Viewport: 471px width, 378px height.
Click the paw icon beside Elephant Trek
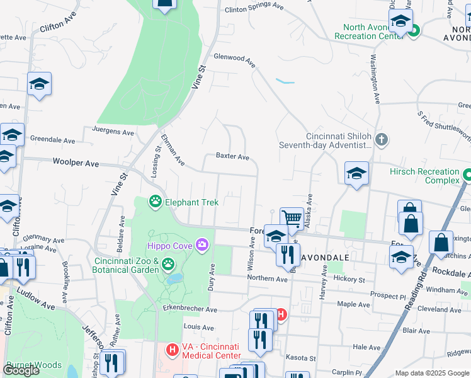pos(155,202)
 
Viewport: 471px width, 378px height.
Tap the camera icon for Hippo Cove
pos(202,244)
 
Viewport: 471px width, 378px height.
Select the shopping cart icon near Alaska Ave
pos(292,219)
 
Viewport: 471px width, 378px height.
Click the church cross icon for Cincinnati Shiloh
pos(380,139)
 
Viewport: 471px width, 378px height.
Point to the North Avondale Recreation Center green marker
pos(413,30)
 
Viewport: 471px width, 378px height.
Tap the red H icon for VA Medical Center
pos(171,348)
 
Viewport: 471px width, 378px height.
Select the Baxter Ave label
pos(232,156)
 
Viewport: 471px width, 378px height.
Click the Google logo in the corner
pos(21,370)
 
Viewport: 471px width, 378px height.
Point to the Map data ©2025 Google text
pos(432,373)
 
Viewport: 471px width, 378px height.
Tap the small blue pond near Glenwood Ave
pos(285,81)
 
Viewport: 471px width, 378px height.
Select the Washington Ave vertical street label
pos(375,78)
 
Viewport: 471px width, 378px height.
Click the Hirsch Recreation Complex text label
pos(424,176)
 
